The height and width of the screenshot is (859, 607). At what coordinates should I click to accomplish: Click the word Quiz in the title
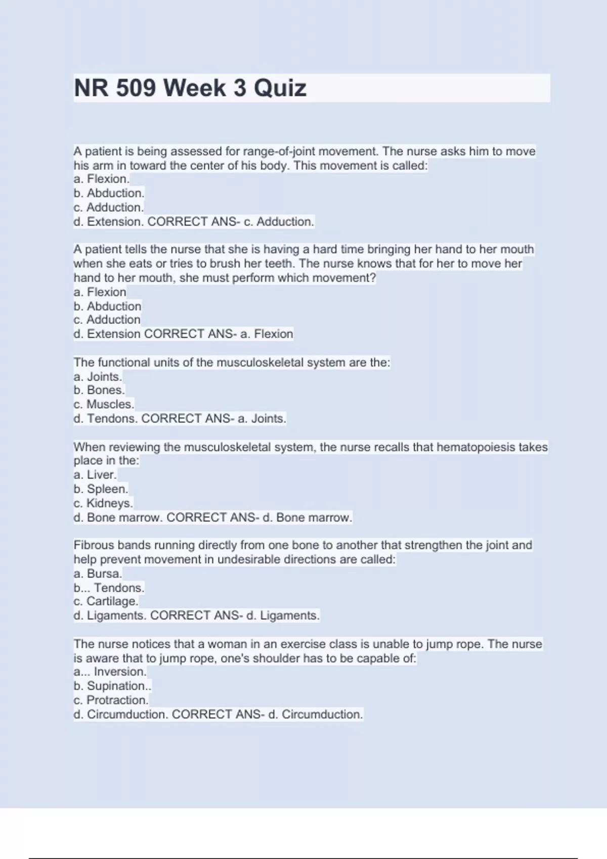[280, 88]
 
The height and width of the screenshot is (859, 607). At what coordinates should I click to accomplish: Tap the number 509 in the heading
[136, 88]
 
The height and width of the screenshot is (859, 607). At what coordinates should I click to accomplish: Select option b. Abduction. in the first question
[109, 193]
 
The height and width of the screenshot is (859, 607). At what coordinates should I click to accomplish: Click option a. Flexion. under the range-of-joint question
[101, 179]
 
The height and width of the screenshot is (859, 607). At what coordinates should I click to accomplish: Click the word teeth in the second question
[280, 264]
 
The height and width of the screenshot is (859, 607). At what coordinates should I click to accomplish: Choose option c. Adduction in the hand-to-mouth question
[107, 320]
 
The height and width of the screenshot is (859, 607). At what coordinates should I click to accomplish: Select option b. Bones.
[99, 390]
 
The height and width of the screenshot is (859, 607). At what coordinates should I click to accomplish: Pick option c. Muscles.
[104, 404]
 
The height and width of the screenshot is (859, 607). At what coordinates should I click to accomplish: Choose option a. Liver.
[95, 475]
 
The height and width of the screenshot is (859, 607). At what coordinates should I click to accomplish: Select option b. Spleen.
[101, 489]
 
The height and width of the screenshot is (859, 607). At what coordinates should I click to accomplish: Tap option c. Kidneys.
[103, 503]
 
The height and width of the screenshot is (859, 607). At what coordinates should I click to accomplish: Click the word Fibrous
[94, 545]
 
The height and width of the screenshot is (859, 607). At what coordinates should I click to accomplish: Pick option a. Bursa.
[98, 574]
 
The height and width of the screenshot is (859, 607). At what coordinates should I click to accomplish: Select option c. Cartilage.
[105, 601]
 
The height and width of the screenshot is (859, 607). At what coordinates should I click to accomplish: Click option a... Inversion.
[110, 672]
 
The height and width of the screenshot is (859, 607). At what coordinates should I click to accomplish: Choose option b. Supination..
[112, 686]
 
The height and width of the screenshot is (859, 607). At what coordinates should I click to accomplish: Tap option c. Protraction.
[111, 700]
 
